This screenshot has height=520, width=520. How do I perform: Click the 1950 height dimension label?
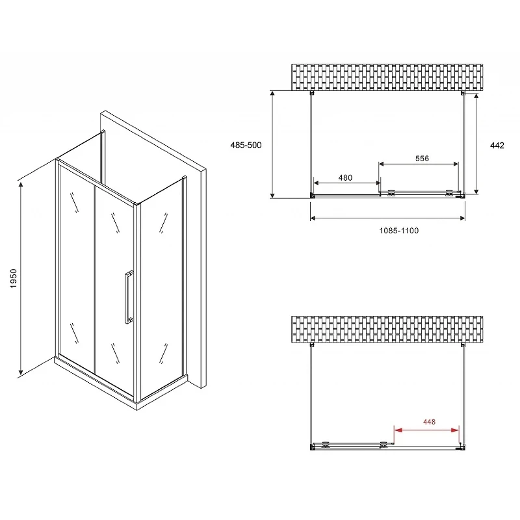coord(13,279)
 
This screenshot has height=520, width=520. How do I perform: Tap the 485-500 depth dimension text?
coord(246,145)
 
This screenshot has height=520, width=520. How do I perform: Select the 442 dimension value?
coord(497,145)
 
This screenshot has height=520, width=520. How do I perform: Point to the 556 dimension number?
coord(422,159)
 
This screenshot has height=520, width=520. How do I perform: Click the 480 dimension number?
coord(345,177)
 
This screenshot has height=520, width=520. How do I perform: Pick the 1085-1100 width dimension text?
coord(399,231)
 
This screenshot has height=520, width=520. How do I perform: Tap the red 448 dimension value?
coord(429,422)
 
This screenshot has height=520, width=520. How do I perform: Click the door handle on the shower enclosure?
coord(129,297)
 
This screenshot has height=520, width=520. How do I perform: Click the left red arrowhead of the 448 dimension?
coord(398,430)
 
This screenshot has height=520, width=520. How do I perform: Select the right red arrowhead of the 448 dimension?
coord(456,430)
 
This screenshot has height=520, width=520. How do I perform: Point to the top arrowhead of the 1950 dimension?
coord(21,185)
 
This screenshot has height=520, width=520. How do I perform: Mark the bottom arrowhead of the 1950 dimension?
coord(21,371)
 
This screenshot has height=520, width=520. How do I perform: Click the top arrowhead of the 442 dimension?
coord(476,96)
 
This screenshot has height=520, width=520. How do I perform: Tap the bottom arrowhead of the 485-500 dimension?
coord(272,194)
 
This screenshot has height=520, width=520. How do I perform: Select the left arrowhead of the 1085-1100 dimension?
coord(314,218)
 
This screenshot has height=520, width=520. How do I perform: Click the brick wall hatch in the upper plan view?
coord(387,77)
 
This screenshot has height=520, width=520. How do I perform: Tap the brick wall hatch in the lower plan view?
coord(387,330)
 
